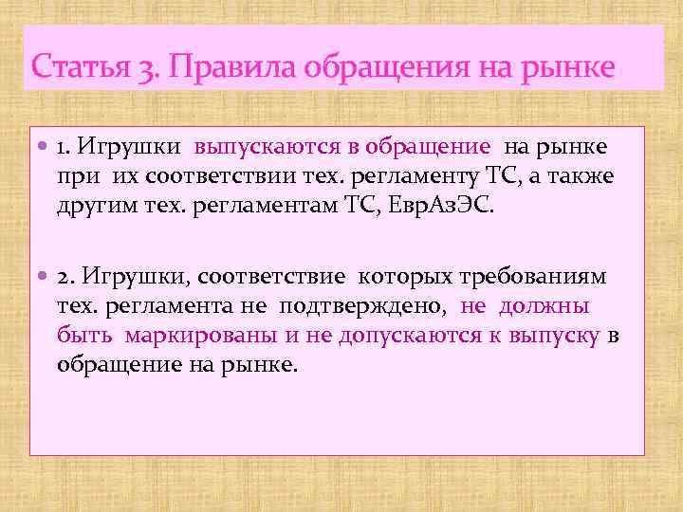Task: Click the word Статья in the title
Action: pos(78,68)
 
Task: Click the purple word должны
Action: pos(544,306)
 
